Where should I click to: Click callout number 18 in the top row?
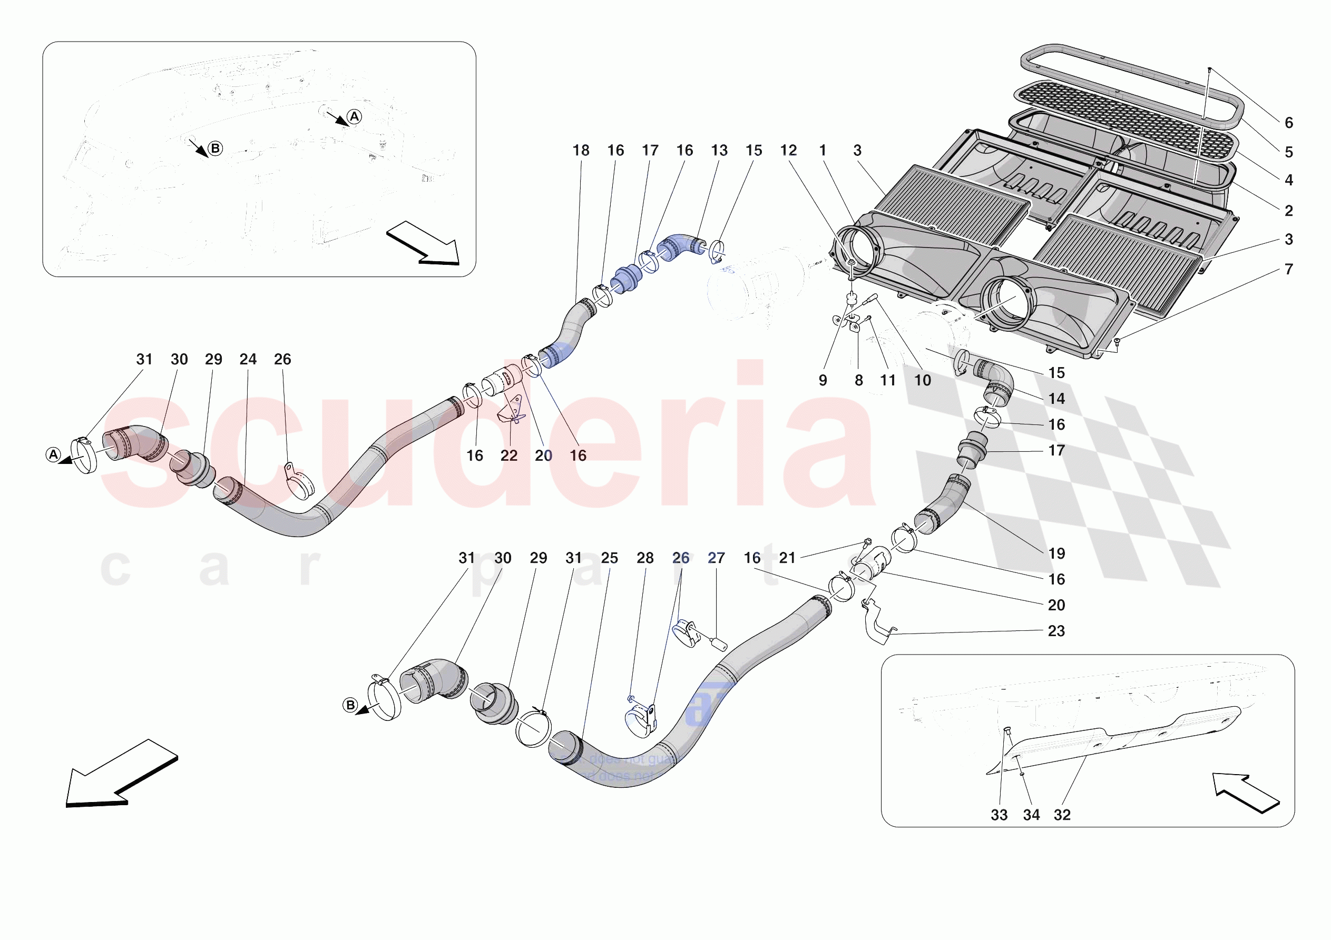click(x=580, y=151)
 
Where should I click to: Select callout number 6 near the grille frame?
click(x=1289, y=123)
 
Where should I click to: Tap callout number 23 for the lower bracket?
click(x=1056, y=631)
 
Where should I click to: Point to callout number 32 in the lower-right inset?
click(x=1062, y=815)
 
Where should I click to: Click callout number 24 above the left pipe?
click(x=248, y=359)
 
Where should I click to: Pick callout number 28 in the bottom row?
click(x=644, y=558)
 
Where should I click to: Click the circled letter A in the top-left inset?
click(x=354, y=116)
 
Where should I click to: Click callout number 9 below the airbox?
click(x=823, y=381)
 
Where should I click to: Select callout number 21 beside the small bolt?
click(x=787, y=558)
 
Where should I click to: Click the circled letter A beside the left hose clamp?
click(x=53, y=455)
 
